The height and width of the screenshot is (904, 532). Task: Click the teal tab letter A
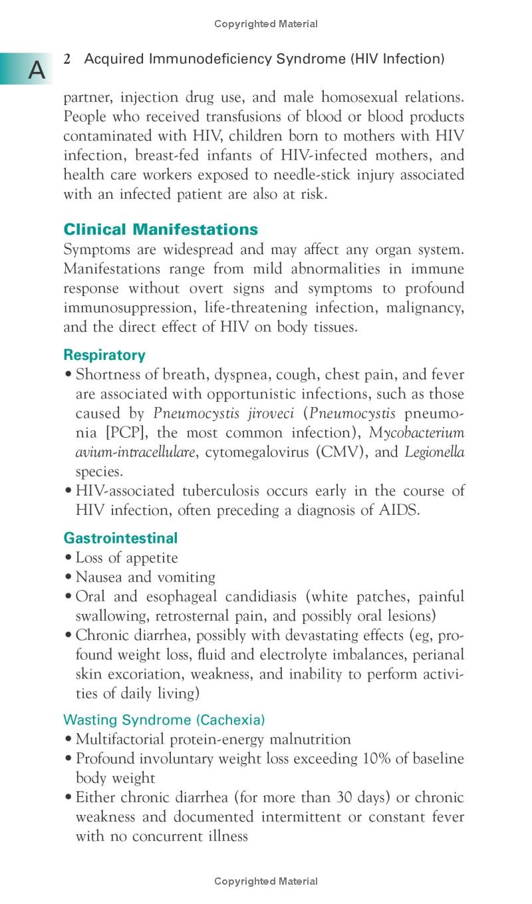pyautogui.click(x=37, y=70)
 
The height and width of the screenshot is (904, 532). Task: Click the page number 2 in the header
pyautogui.click(x=67, y=59)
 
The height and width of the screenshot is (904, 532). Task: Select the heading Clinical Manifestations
pyautogui.click(x=160, y=229)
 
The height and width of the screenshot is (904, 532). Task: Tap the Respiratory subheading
pyautogui.click(x=104, y=355)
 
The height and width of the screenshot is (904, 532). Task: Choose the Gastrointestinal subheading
pyautogui.click(x=120, y=537)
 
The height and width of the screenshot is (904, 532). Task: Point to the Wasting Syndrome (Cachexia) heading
pyautogui.click(x=164, y=720)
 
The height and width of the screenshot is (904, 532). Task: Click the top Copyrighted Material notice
pyautogui.click(x=266, y=24)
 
